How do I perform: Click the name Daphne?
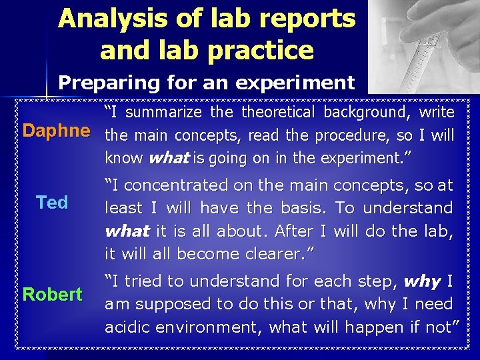56,131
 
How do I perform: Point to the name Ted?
52,203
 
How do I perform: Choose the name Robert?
53,294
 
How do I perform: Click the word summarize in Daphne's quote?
175,113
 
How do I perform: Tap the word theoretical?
279,112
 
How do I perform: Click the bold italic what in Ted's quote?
127,231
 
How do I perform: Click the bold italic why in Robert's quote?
422,281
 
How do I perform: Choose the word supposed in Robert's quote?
168,305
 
